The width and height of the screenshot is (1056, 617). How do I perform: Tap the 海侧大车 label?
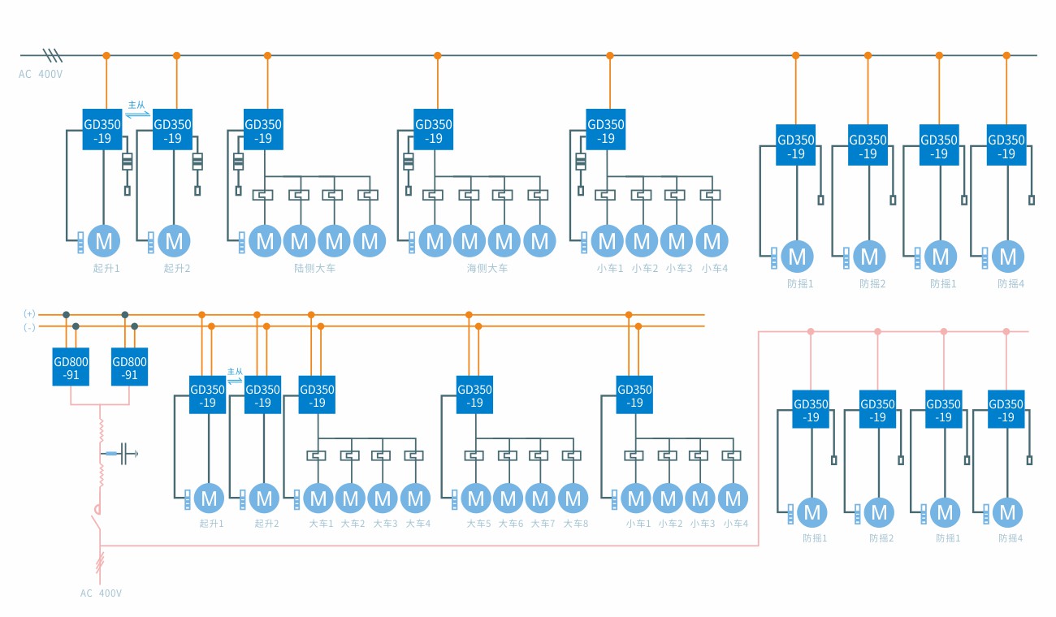click(x=487, y=268)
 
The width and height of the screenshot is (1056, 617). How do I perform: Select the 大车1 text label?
click(x=321, y=524)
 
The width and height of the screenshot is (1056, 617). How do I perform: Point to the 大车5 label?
click(x=478, y=524)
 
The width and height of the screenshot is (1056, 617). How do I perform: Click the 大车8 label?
click(x=575, y=524)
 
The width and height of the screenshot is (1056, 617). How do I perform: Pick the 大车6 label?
click(x=511, y=524)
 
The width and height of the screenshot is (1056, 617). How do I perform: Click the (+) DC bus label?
click(x=30, y=313)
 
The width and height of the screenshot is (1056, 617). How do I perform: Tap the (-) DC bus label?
click(x=30, y=326)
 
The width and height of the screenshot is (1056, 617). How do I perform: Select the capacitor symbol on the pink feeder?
click(x=125, y=454)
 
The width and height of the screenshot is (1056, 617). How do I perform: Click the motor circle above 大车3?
click(x=383, y=498)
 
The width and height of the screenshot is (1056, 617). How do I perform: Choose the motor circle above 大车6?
click(x=509, y=498)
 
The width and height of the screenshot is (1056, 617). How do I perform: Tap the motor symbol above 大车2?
click(x=351, y=498)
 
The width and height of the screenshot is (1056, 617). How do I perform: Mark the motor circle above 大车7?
click(x=541, y=498)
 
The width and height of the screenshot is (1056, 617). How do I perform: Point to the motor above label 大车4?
click(x=416, y=498)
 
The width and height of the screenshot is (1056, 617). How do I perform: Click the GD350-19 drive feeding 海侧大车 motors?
click(x=435, y=131)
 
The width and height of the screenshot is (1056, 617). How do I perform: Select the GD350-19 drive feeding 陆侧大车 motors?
click(x=263, y=131)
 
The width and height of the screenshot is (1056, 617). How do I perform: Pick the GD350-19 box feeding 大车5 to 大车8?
click(x=475, y=395)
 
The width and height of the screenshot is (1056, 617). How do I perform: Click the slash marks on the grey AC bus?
click(x=53, y=55)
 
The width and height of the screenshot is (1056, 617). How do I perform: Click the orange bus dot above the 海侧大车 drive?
click(x=437, y=56)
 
